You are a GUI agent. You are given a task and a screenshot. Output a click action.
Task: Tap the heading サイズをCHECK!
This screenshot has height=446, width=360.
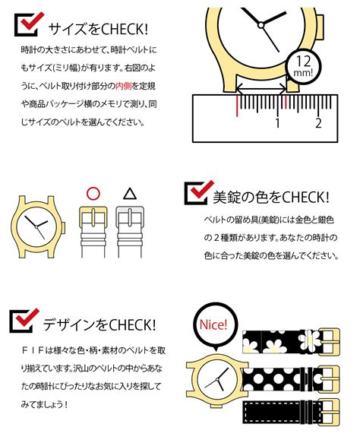click(x=99, y=29)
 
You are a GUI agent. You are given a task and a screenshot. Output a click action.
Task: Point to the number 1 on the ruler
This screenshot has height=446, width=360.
click(x=278, y=122)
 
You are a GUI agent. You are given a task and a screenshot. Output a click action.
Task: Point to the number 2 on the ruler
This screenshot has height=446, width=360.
click(x=318, y=122)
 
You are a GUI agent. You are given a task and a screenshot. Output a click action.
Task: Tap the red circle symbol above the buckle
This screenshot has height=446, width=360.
click(x=92, y=193)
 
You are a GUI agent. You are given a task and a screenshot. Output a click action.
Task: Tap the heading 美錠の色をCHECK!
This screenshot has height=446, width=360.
click(x=270, y=198)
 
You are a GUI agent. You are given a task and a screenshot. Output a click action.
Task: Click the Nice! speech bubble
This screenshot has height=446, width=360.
click(x=213, y=324)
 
